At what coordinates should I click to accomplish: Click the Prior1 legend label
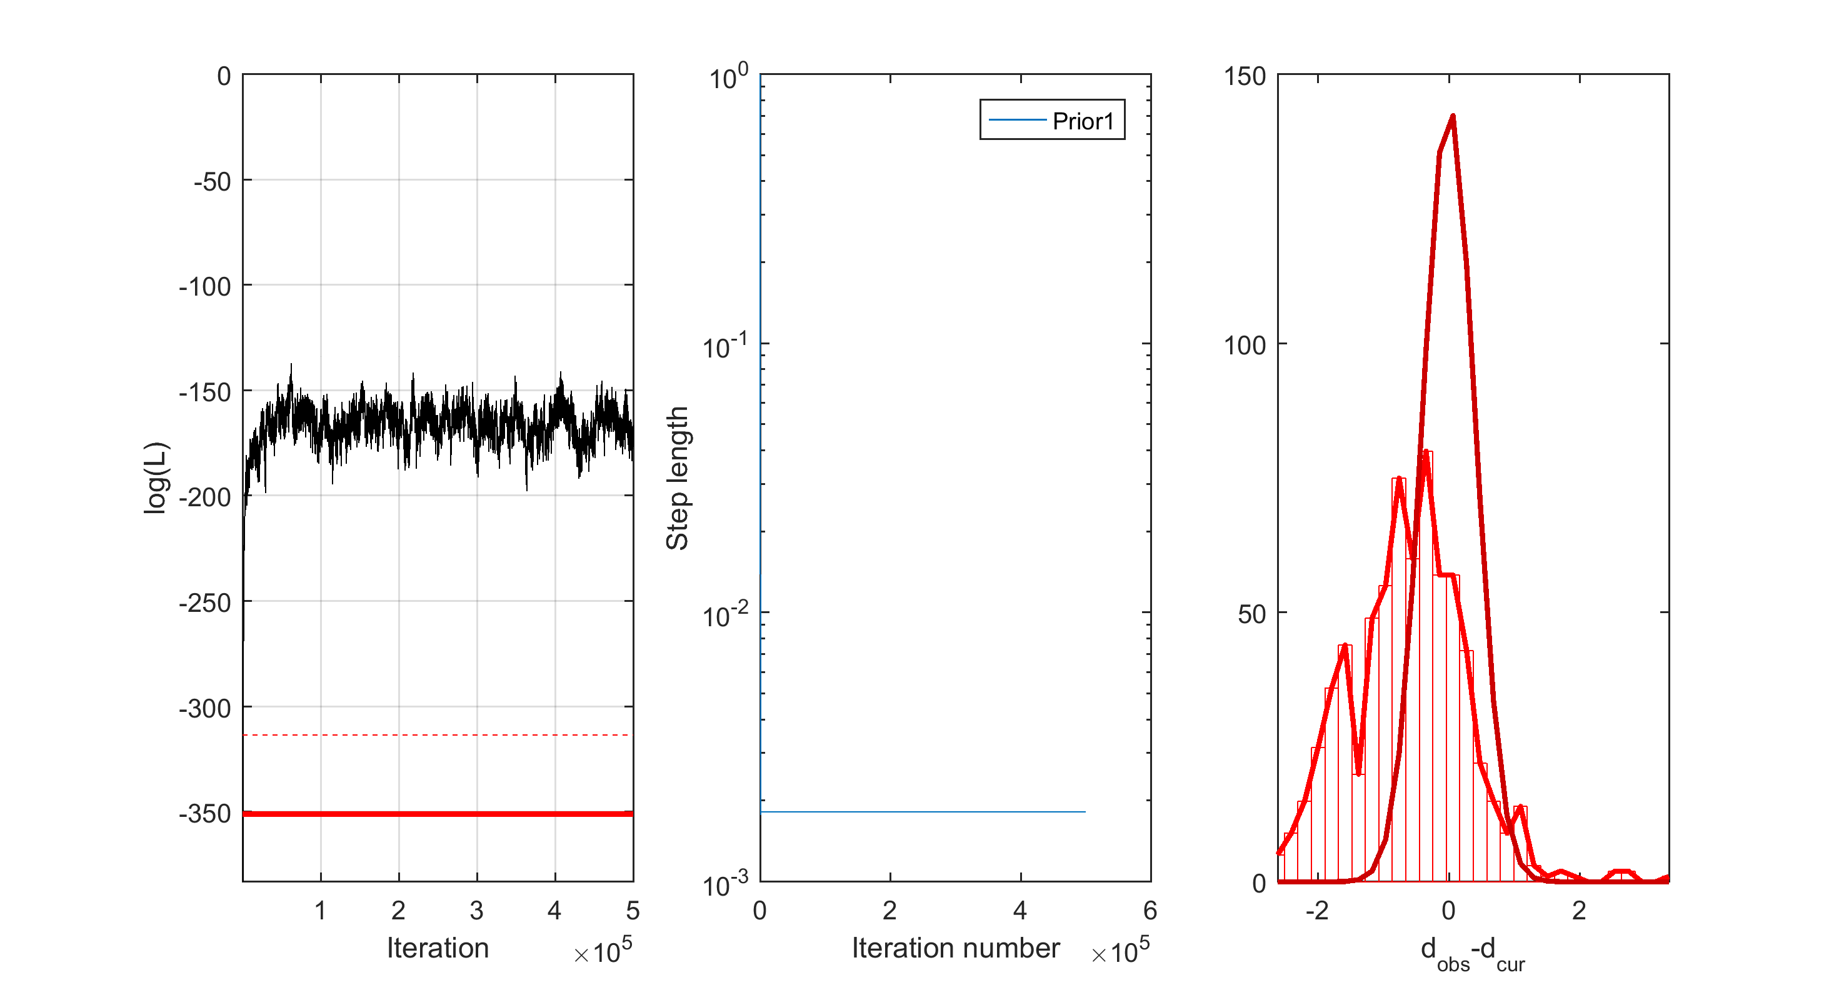click(x=1083, y=121)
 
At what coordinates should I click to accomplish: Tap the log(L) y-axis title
click(x=156, y=477)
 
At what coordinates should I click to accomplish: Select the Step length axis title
click(x=677, y=477)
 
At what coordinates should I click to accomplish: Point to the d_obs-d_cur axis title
click(x=1473, y=952)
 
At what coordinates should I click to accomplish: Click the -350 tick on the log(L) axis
click(x=205, y=814)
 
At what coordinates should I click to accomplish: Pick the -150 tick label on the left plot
click(x=205, y=392)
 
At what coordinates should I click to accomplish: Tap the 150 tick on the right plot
click(x=1244, y=76)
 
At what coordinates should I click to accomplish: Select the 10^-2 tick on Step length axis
click(x=724, y=614)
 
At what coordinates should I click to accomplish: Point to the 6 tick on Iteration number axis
click(x=1150, y=911)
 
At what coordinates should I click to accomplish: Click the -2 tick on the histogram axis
click(x=1316, y=911)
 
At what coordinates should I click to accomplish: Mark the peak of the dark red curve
click(x=1453, y=116)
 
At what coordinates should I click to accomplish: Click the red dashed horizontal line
click(x=437, y=734)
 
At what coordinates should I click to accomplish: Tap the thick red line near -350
click(x=437, y=814)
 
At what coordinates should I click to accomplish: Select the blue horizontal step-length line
click(x=923, y=812)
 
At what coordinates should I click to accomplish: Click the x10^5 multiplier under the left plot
click(x=603, y=951)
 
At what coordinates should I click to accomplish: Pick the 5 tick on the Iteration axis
click(x=632, y=911)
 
